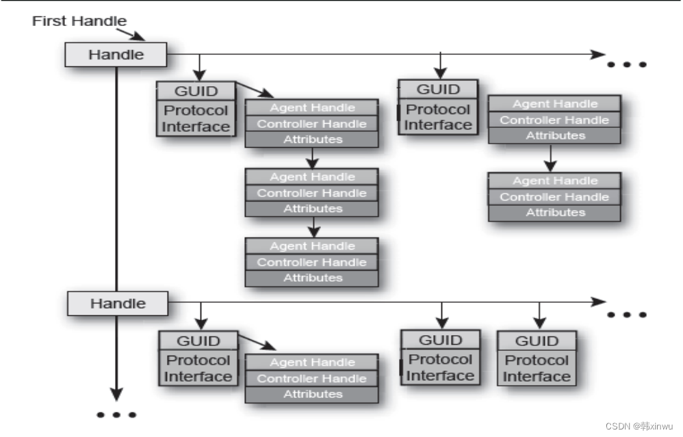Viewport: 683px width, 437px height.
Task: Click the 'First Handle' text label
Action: (x=79, y=21)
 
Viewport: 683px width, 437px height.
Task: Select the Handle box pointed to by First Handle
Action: (x=115, y=55)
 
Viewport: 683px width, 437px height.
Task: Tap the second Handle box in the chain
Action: (x=118, y=302)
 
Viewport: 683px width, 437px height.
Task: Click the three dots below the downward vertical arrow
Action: (x=116, y=414)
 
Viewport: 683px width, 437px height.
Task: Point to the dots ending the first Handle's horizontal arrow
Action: (x=627, y=64)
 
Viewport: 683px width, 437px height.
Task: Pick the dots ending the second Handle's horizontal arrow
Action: (x=627, y=315)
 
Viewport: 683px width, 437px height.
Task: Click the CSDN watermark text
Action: (x=642, y=425)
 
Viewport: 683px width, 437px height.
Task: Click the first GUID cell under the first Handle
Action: (x=196, y=91)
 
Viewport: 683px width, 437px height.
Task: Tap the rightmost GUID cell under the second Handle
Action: (x=537, y=341)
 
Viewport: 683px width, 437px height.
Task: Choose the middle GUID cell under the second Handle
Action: (x=440, y=340)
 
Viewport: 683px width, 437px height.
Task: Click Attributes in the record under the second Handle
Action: (x=311, y=394)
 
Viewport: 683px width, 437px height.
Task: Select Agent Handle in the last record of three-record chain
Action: (x=311, y=246)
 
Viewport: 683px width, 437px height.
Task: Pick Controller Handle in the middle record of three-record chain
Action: (x=311, y=193)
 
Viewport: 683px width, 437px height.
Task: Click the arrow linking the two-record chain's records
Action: (x=551, y=159)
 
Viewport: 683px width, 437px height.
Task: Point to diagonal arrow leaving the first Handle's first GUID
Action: (x=255, y=90)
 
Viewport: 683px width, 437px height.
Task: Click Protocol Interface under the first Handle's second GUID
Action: (x=438, y=117)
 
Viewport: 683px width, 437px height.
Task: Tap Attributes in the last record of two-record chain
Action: (x=555, y=213)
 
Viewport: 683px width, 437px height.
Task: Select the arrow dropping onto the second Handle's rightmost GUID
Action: (x=539, y=316)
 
